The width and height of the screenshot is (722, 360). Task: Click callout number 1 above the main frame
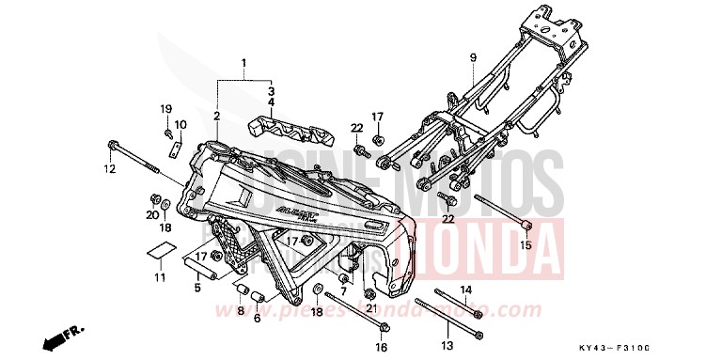click(x=243, y=66)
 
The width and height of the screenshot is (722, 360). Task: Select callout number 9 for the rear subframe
click(x=473, y=58)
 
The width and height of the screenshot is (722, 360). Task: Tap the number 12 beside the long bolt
click(x=109, y=169)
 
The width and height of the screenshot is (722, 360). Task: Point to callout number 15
click(x=526, y=245)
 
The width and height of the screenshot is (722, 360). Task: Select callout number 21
click(x=370, y=308)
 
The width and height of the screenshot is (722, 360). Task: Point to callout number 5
click(x=197, y=289)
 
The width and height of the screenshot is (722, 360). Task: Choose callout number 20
click(x=150, y=215)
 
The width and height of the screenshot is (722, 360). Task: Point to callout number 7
click(x=344, y=290)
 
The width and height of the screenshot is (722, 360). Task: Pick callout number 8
click(x=240, y=311)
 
